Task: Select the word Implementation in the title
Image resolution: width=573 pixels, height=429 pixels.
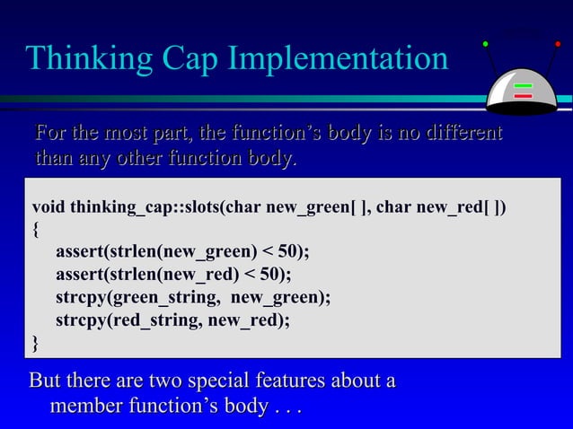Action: pyautogui.click(x=337, y=59)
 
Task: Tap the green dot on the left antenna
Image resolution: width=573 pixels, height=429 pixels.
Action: pyautogui.click(x=485, y=43)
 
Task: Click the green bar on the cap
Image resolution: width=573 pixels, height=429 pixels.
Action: pyautogui.click(x=523, y=87)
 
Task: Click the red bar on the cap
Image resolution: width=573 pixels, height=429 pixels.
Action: pyautogui.click(x=523, y=96)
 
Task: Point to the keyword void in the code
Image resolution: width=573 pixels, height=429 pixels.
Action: pyautogui.click(x=49, y=209)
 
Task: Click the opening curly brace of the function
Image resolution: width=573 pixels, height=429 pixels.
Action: pyautogui.click(x=35, y=229)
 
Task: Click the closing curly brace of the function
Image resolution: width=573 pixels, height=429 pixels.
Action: pyautogui.click(x=35, y=341)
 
